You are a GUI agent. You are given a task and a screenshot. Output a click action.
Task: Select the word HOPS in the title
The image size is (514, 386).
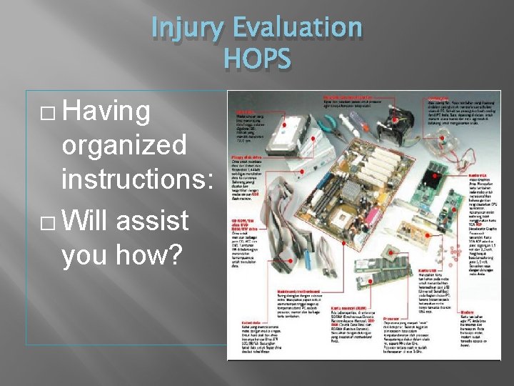pos(257,59)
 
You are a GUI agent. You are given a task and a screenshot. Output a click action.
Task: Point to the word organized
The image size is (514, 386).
pos(125,146)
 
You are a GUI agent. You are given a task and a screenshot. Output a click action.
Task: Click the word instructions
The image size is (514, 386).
pos(137,179)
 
